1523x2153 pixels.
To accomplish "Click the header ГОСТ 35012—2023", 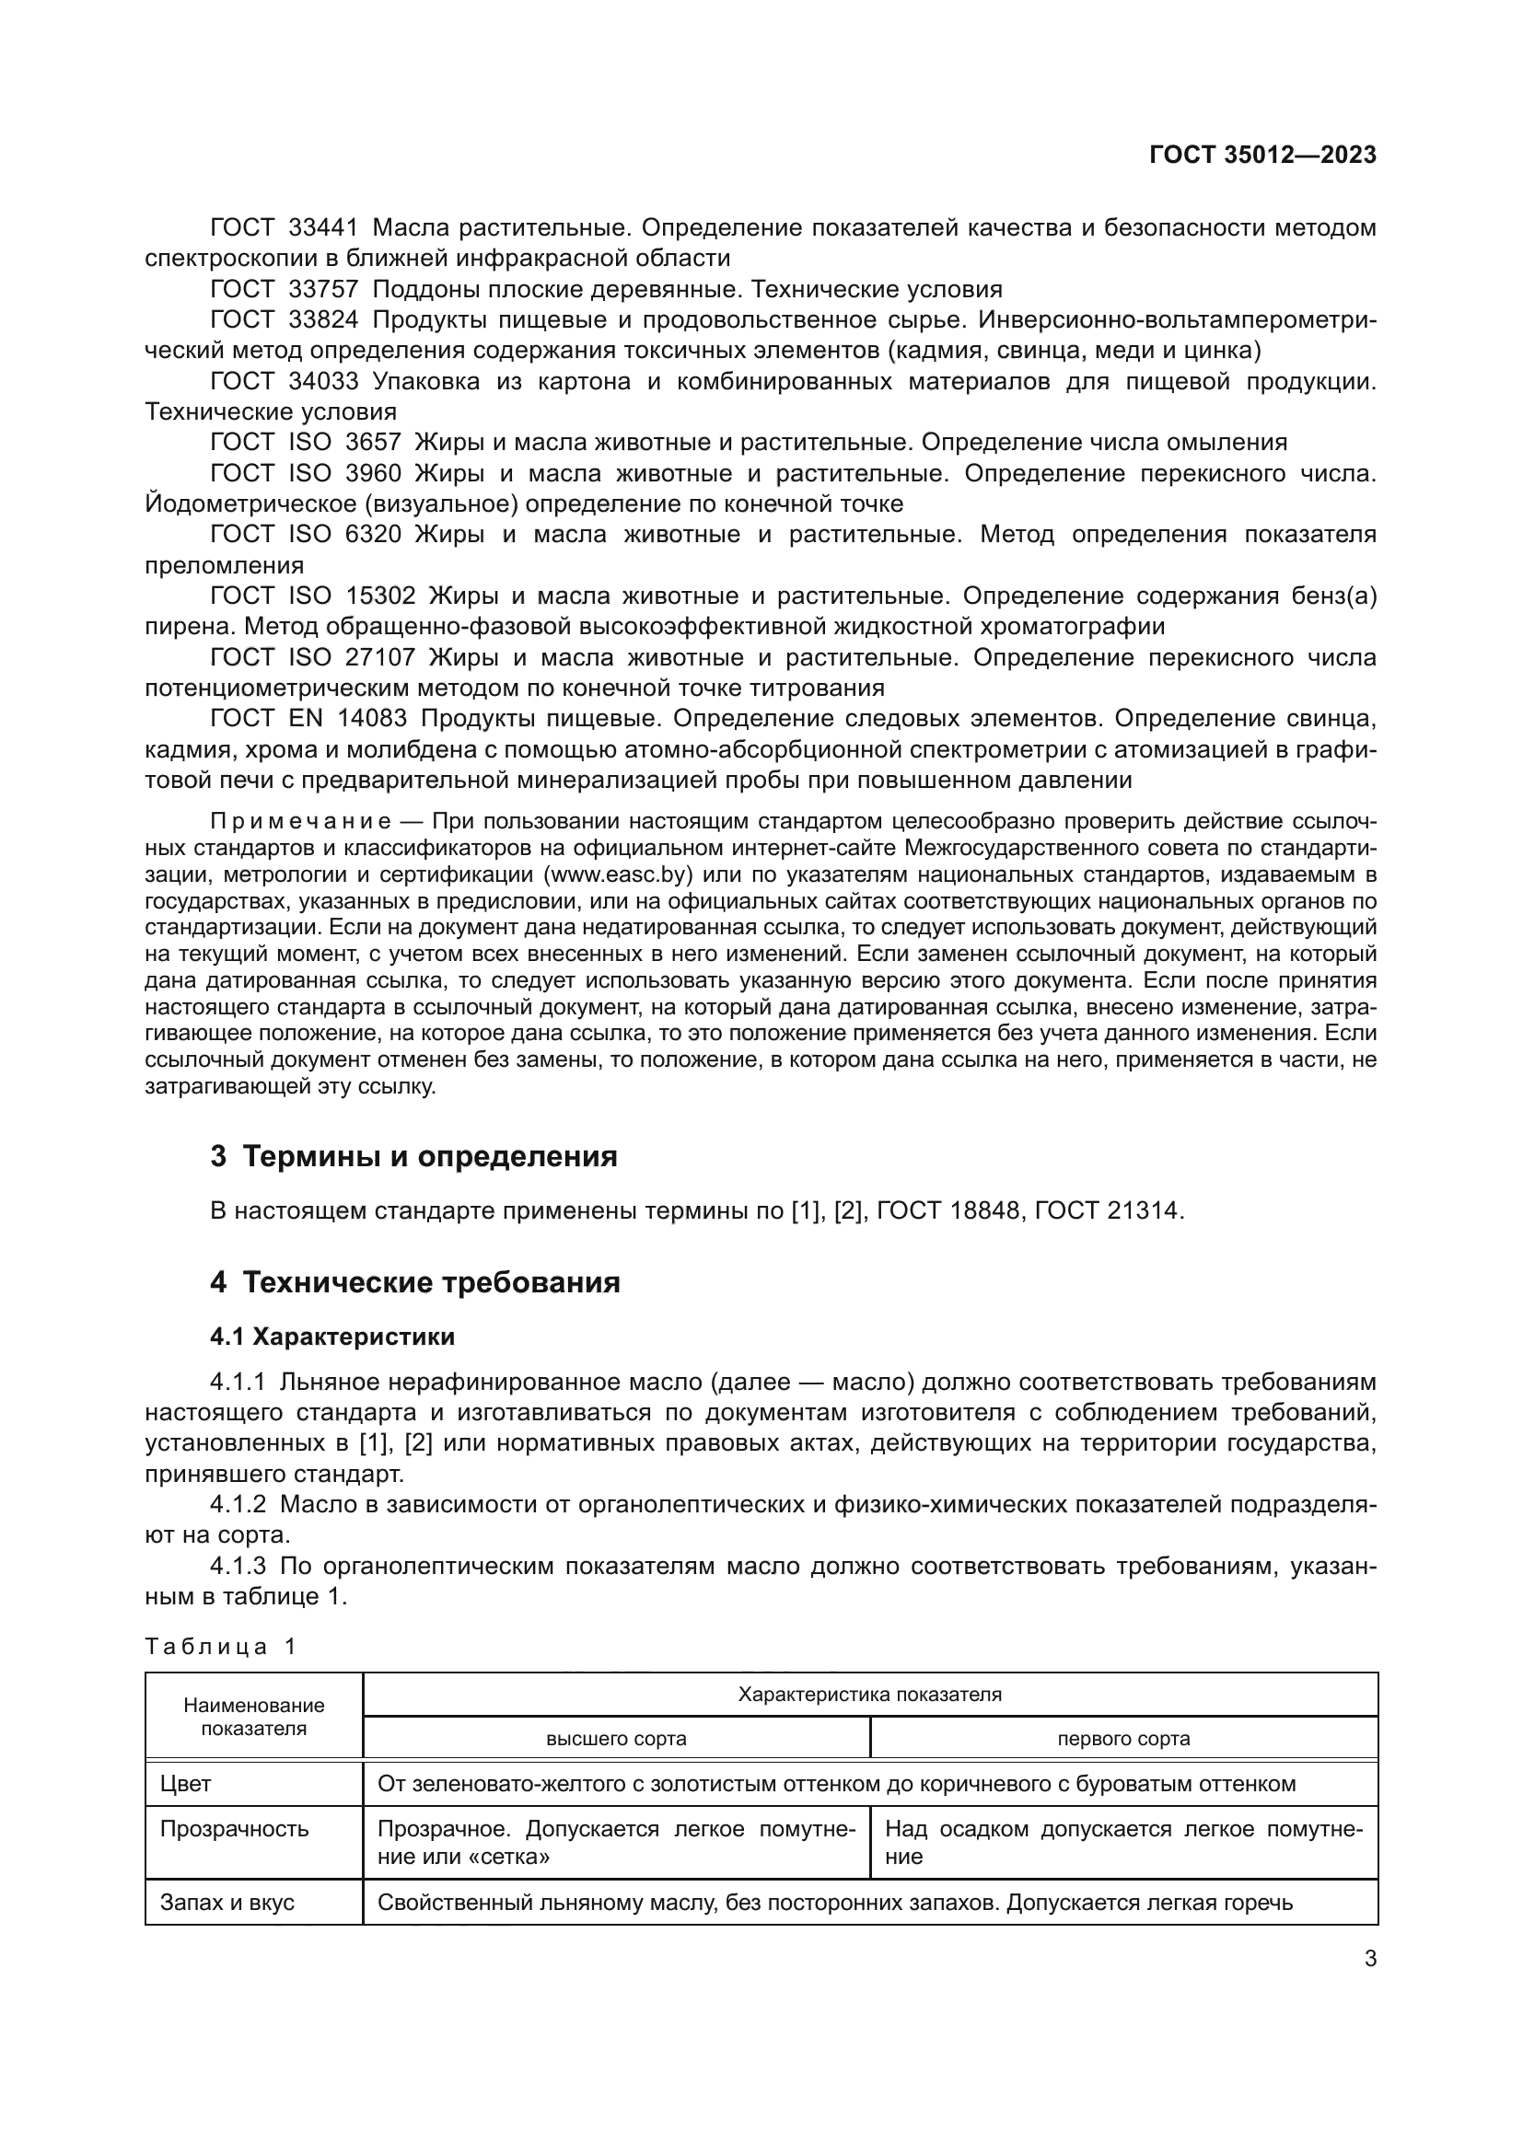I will tap(1262, 155).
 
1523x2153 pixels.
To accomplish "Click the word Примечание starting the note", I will tap(300, 822).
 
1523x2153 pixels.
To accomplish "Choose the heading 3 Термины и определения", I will tap(413, 1157).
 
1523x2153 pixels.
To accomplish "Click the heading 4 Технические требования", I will tap(414, 1283).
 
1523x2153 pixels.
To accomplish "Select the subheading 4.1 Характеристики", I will tap(332, 1337).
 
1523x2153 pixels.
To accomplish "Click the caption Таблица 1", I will tap(220, 1648).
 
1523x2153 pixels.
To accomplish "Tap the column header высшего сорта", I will tap(616, 1739).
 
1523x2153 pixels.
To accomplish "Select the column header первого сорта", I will tap(1123, 1739).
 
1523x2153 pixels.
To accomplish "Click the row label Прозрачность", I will tap(235, 1830).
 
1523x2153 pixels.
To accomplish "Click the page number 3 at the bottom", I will tap(1370, 1959).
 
